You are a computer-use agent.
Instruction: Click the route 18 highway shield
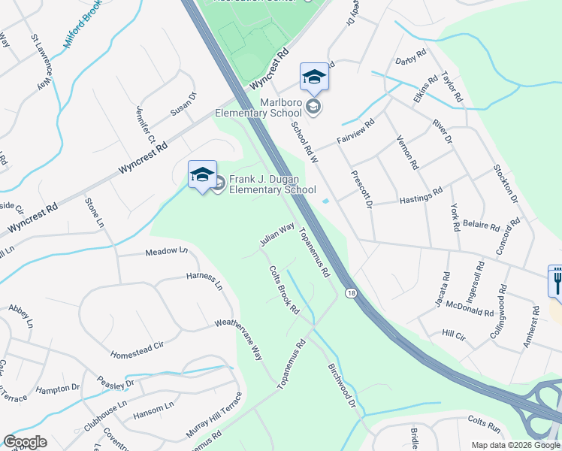point(351,292)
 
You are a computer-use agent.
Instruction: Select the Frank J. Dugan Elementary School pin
point(202,176)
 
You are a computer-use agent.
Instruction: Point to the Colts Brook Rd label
point(284,290)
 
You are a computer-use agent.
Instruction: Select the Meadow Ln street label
point(166,251)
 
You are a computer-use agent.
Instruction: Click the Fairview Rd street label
point(355,133)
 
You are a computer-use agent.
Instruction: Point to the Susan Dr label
point(183,104)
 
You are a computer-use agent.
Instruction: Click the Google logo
point(26,442)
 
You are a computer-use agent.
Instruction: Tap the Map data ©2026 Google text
point(515,445)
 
